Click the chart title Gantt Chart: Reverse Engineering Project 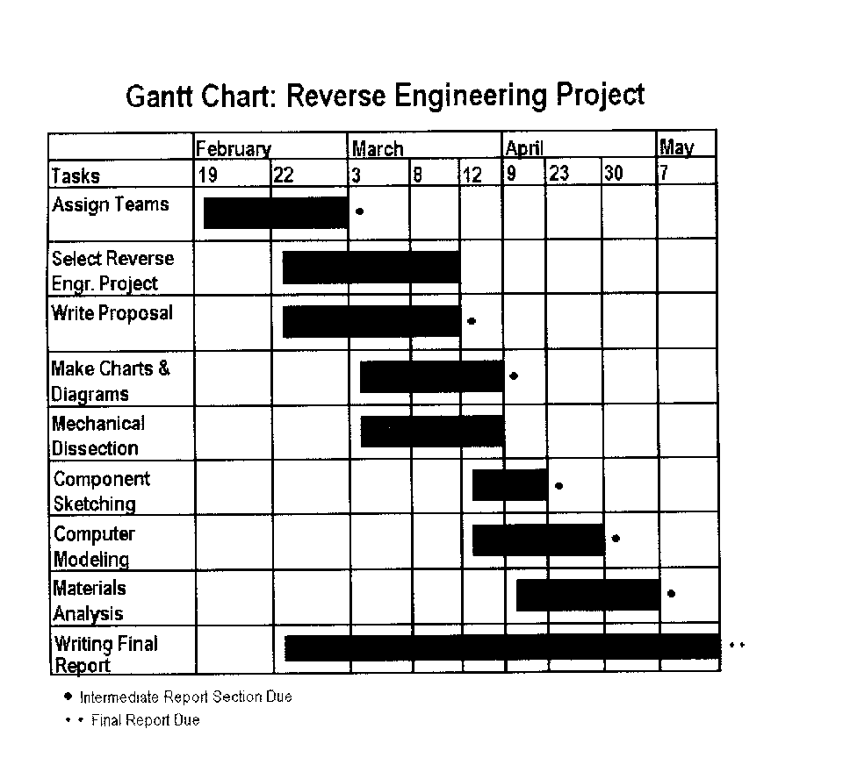385,95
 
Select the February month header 233,148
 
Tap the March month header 378,148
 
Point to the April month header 524,148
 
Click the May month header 676,147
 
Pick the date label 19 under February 207,175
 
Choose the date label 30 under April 614,174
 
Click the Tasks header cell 76,175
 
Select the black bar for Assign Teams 276,212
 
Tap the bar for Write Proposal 371,321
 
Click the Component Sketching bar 509,485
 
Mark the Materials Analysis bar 587,595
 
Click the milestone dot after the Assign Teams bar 359,211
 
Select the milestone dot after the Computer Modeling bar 616,539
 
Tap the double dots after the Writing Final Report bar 737,646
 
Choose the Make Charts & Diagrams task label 110,381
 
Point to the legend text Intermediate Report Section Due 185,697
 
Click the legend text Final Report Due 145,721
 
